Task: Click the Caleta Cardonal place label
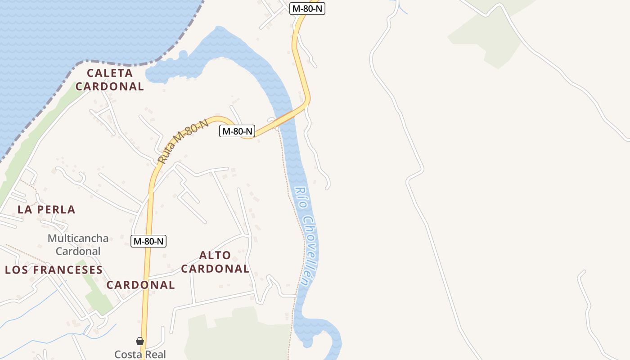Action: tap(110, 80)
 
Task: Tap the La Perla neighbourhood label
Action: tap(46, 209)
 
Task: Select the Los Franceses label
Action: tap(54, 270)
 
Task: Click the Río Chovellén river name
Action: tap(306, 236)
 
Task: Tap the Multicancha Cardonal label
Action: tap(78, 244)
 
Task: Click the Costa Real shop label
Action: tap(140, 354)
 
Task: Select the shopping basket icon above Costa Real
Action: tap(140, 341)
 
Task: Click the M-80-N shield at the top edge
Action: tap(308, 8)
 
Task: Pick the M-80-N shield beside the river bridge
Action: tap(237, 131)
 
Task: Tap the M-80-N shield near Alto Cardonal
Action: tap(149, 241)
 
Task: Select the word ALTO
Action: tap(215, 255)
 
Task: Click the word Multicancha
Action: tap(78, 238)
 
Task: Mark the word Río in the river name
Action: tap(299, 197)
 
